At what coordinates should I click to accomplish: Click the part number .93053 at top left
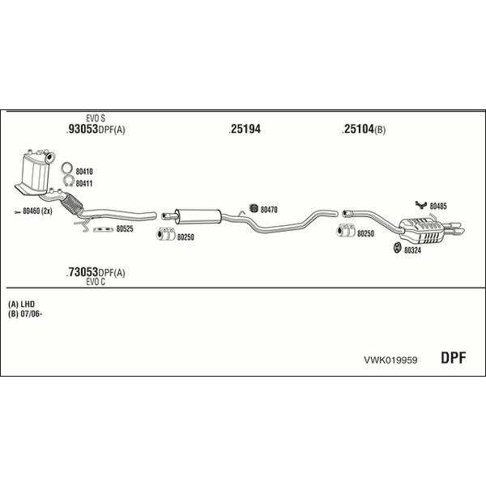click(x=82, y=129)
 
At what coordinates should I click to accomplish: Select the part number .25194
click(x=245, y=129)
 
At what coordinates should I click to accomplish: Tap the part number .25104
click(x=358, y=129)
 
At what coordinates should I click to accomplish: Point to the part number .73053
click(x=82, y=272)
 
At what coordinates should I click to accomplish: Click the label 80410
click(x=84, y=172)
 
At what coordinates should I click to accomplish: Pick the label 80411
click(x=84, y=184)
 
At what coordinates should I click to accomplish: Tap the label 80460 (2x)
click(x=37, y=211)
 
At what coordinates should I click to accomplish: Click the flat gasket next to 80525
click(x=104, y=229)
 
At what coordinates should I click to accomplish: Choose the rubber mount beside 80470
click(x=254, y=208)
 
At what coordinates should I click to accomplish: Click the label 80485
click(x=438, y=206)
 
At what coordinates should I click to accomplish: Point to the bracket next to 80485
click(x=421, y=205)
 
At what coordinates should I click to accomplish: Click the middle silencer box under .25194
click(x=198, y=216)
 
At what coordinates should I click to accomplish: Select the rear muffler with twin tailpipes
click(x=431, y=230)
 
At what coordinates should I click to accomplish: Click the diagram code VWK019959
click(x=390, y=360)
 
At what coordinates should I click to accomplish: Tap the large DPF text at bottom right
click(x=453, y=358)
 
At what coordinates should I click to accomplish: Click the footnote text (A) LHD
click(x=21, y=304)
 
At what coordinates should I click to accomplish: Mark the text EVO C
click(x=96, y=282)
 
